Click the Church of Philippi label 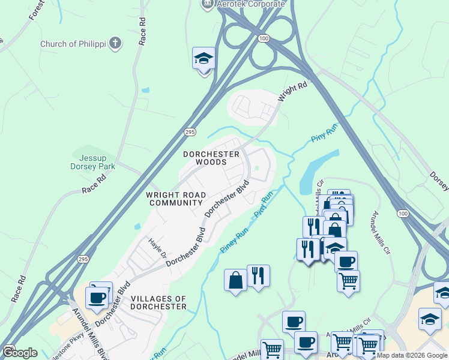click(73, 44)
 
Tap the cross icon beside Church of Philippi click(115, 43)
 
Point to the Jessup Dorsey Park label click(92, 161)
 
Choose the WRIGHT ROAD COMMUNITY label click(176, 199)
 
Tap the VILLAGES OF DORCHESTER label click(158, 302)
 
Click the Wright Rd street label click(292, 92)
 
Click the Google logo click(20, 352)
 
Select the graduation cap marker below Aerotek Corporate click(203, 59)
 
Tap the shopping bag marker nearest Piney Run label click(235, 280)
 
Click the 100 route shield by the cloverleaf click(263, 38)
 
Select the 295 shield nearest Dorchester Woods click(189, 132)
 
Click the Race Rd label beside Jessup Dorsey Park click(94, 184)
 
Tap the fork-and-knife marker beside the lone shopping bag click(258, 276)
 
